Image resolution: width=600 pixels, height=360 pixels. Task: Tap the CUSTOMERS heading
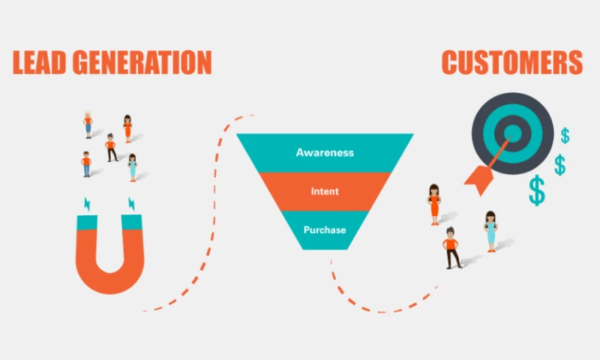pyautogui.click(x=512, y=63)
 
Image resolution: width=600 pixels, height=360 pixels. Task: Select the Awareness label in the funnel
pyautogui.click(x=325, y=153)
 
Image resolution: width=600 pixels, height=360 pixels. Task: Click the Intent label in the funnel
pyautogui.click(x=325, y=191)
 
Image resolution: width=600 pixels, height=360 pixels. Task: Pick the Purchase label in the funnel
pyautogui.click(x=325, y=229)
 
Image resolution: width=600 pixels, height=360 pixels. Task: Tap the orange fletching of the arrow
pyautogui.click(x=478, y=177)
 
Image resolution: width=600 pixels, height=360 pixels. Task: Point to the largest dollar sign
pyautogui.click(x=537, y=190)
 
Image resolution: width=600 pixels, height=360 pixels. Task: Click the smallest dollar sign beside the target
pyautogui.click(x=565, y=136)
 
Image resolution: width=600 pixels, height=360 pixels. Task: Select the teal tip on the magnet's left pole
pyautogui.click(x=87, y=222)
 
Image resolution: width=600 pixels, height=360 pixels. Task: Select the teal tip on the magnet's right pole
pyautogui.click(x=131, y=222)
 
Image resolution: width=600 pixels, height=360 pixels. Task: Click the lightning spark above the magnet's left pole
pyautogui.click(x=87, y=203)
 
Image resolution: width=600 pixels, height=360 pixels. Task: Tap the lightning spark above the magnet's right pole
pyautogui.click(x=131, y=203)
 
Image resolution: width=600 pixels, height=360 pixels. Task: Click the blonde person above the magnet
pyautogui.click(x=88, y=124)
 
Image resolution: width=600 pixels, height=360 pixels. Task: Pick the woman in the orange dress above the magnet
pyautogui.click(x=127, y=128)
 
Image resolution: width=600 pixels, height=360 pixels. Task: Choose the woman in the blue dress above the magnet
pyautogui.click(x=133, y=167)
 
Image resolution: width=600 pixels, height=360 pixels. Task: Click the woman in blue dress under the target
pyautogui.click(x=490, y=230)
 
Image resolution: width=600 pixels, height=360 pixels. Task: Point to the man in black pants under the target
pyautogui.click(x=451, y=248)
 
